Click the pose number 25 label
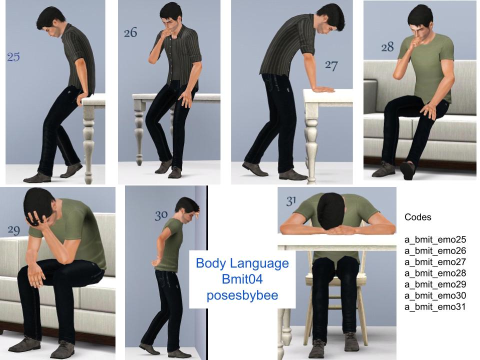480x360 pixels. [13, 56]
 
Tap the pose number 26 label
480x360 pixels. [130, 32]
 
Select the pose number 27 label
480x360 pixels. [331, 65]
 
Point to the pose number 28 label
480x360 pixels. [387, 47]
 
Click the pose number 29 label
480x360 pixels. [14, 230]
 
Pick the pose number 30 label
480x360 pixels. [161, 215]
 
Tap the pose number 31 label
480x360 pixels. [291, 201]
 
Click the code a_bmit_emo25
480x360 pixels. [435, 239]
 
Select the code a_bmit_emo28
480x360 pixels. [435, 273]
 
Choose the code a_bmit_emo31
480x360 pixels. [435, 306]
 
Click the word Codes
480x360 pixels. [418, 217]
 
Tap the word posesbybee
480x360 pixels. [242, 295]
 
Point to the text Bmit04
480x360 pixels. [242, 279]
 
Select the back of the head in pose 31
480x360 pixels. [330, 209]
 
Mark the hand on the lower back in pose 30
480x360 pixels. [156, 261]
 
